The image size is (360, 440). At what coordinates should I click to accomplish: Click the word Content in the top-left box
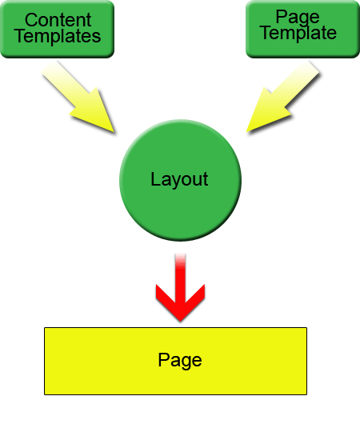click(58, 20)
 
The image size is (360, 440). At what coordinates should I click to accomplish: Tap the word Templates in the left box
click(58, 37)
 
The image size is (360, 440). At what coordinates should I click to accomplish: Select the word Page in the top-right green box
click(298, 18)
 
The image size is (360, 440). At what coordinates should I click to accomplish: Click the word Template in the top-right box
click(298, 33)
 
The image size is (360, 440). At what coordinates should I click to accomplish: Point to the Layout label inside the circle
click(179, 179)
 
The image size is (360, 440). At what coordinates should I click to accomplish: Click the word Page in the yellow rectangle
click(180, 360)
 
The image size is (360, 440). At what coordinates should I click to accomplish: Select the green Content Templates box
click(58, 29)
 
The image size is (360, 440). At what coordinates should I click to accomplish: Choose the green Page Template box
click(302, 29)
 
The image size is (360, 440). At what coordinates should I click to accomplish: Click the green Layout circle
click(180, 181)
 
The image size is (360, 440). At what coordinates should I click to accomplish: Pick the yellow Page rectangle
click(175, 361)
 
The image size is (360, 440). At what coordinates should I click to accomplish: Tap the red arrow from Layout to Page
click(180, 289)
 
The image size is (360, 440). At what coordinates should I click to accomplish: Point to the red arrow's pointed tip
click(180, 321)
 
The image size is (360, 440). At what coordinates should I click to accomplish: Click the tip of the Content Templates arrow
click(114, 132)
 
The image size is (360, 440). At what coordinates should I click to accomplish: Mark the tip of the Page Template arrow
click(246, 132)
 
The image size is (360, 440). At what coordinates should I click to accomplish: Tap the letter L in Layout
click(156, 178)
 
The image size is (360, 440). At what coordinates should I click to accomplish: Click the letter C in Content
click(31, 20)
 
